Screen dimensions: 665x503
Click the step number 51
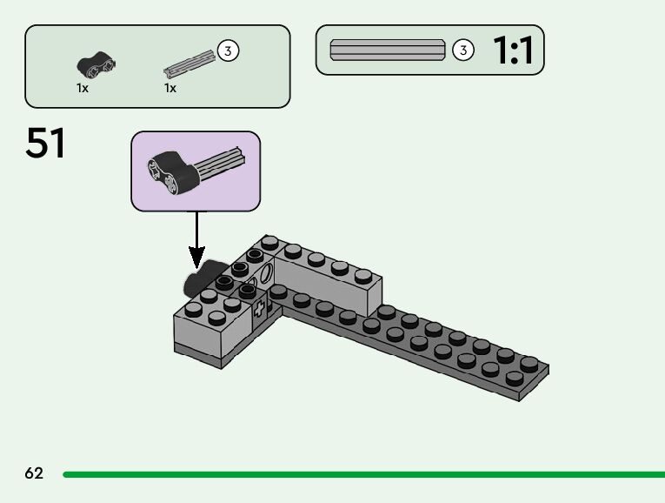(46, 144)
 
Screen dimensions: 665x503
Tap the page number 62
(34, 473)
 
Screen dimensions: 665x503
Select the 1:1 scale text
(513, 51)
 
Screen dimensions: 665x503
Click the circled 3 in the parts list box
(228, 50)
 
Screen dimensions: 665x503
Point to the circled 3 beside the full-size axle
(463, 50)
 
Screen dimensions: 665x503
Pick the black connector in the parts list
(96, 63)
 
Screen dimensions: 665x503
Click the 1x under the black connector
(83, 88)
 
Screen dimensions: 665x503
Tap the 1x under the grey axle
(170, 88)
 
